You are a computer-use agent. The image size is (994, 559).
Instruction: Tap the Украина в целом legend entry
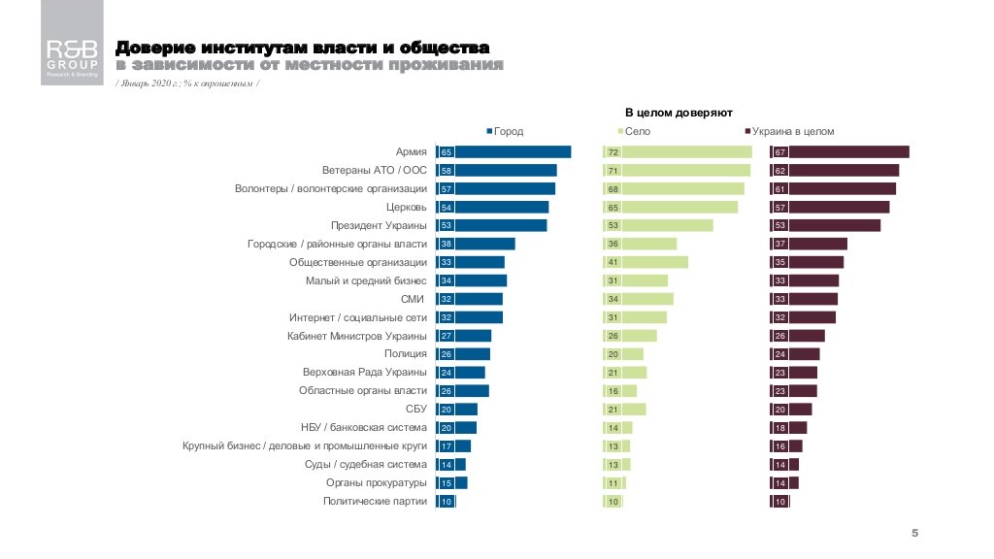click(789, 131)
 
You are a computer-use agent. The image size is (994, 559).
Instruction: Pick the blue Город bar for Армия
click(513, 151)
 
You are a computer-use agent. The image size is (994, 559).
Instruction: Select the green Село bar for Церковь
click(679, 207)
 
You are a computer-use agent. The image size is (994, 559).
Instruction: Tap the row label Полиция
click(405, 354)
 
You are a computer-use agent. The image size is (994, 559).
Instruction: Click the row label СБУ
click(416, 409)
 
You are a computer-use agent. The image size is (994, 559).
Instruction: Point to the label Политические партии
click(375, 501)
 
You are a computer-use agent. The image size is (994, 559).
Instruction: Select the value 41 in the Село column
click(613, 262)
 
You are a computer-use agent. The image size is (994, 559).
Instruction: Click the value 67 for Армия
click(779, 152)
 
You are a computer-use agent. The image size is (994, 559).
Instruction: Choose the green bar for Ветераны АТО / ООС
click(685, 170)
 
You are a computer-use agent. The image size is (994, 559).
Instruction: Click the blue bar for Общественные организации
click(480, 262)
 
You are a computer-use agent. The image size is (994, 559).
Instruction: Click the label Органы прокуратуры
click(377, 482)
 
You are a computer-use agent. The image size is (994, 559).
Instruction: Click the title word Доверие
click(154, 48)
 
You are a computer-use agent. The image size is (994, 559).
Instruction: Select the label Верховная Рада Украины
click(365, 373)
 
